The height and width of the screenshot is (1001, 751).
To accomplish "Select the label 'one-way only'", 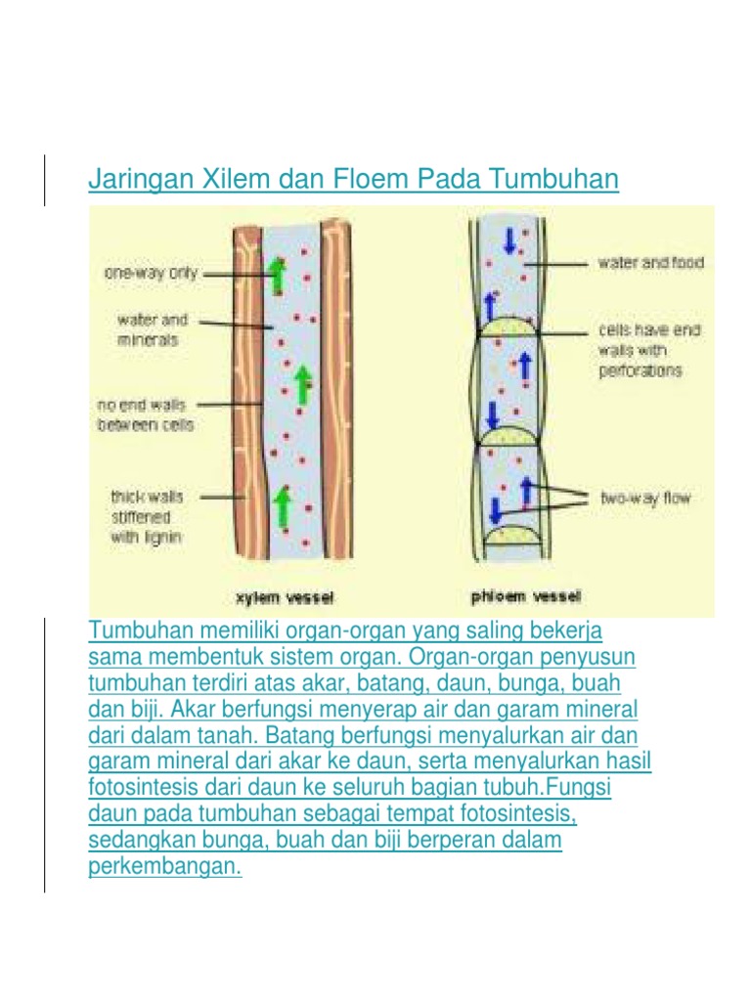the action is click(x=151, y=274).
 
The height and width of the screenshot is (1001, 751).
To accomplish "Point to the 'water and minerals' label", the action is click(x=153, y=329).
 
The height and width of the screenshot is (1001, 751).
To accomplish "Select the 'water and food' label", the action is click(x=650, y=263).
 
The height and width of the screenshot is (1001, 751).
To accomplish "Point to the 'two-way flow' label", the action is click(x=645, y=499).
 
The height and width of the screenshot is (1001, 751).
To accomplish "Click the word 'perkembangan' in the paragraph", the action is click(x=164, y=866).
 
